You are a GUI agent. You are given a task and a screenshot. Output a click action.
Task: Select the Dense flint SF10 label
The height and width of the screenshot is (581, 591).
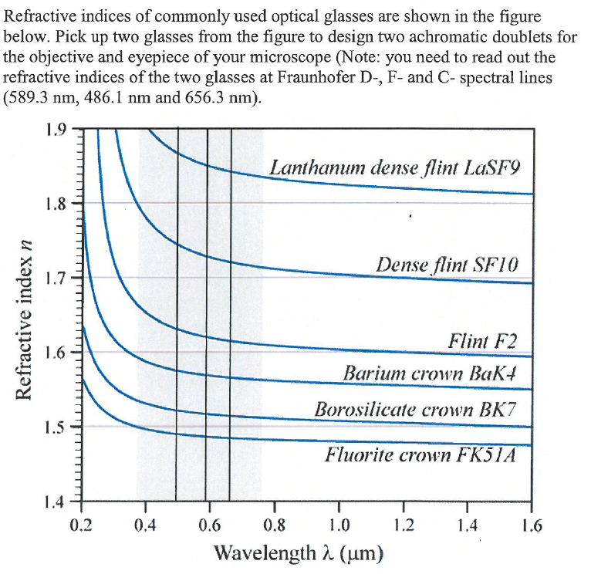[447, 265]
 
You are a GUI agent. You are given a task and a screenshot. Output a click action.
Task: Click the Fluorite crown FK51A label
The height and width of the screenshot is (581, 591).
[420, 454]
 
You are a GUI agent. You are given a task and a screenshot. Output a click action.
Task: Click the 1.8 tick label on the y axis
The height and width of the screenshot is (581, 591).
[59, 204]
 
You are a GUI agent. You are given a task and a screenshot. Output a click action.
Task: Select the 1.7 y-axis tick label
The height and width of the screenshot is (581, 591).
[59, 278]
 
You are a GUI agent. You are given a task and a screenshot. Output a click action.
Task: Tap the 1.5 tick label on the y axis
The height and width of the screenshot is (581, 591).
[59, 427]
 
